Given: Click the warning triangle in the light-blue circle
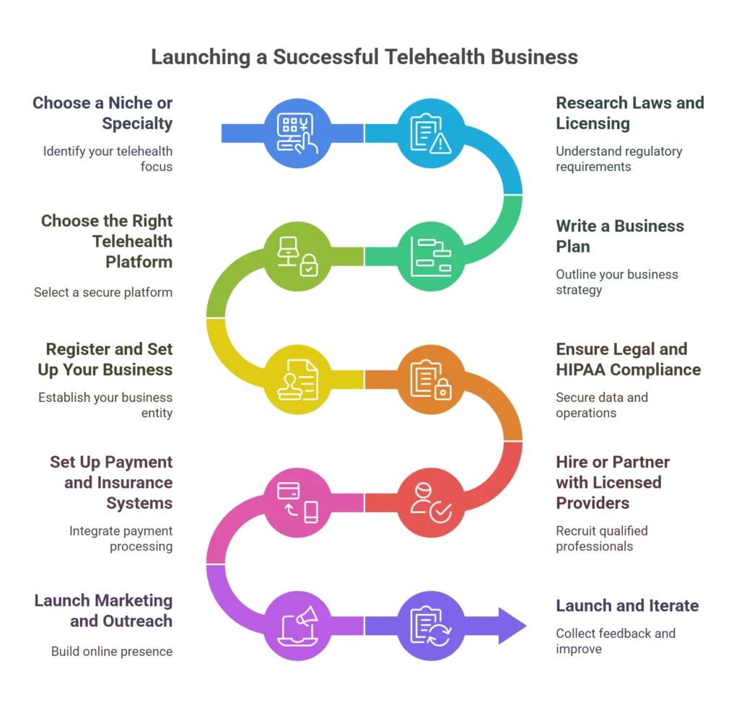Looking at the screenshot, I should [x=440, y=143].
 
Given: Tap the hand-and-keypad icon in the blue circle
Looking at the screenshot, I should [x=298, y=134].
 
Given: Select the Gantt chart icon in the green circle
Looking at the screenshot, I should [x=431, y=255].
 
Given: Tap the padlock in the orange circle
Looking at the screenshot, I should [x=442, y=390].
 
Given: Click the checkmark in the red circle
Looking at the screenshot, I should [x=440, y=512].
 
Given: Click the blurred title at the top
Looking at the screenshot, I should [x=364, y=59].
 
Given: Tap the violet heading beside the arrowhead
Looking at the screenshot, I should [x=628, y=605].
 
